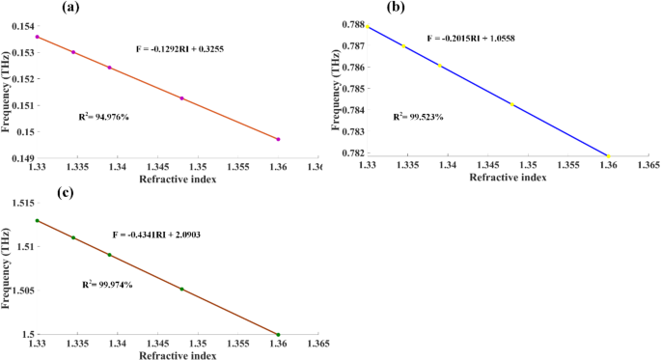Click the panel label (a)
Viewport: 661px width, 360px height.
coord(69,7)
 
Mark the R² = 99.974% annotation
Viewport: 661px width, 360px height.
coord(107,284)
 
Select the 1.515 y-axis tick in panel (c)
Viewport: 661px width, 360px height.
coord(21,203)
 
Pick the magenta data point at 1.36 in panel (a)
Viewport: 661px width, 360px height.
coord(278,139)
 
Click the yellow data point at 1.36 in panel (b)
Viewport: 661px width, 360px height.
coord(609,155)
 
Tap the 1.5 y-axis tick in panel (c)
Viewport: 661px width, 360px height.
coord(27,335)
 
